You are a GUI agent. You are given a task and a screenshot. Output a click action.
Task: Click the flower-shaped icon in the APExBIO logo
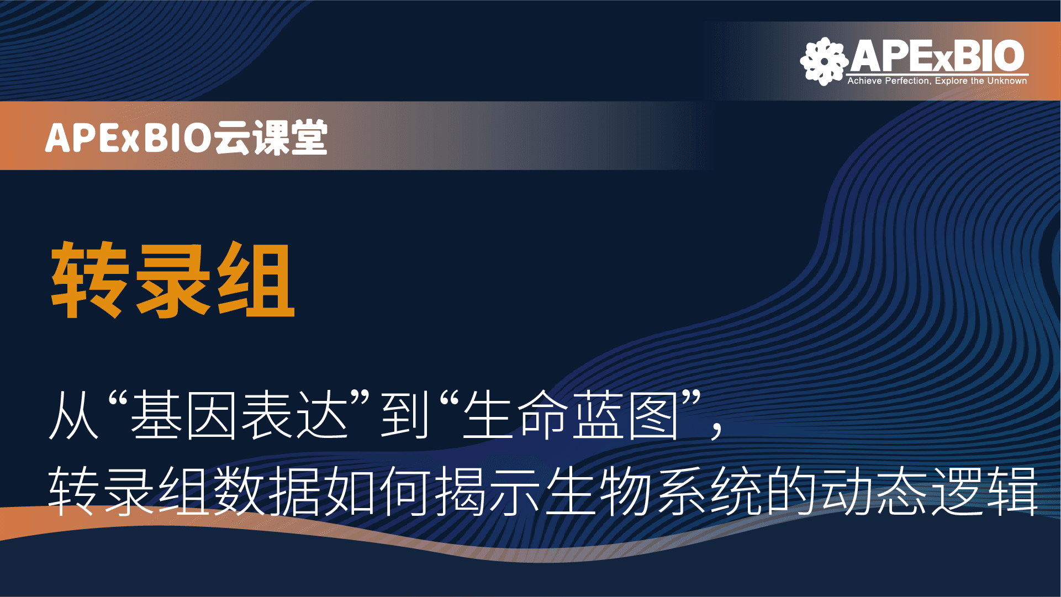tap(824, 61)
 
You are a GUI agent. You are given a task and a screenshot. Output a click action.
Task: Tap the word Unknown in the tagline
tap(1007, 81)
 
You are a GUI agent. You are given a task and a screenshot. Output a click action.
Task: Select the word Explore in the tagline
tap(951, 81)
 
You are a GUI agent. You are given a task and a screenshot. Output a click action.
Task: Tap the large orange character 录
tap(173, 280)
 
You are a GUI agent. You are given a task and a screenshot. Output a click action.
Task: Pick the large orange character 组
tap(256, 280)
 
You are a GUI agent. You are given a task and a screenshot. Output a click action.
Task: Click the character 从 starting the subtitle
tap(74, 415)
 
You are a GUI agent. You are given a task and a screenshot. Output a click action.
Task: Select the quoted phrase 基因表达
tap(239, 415)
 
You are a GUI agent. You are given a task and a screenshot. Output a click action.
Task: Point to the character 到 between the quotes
tap(405, 415)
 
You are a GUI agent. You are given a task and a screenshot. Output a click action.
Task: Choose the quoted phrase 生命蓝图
tap(571, 415)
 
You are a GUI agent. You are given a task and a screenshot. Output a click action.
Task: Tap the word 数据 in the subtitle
tap(267, 490)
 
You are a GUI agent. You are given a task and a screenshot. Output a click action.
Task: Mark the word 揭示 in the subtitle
tap(488, 490)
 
